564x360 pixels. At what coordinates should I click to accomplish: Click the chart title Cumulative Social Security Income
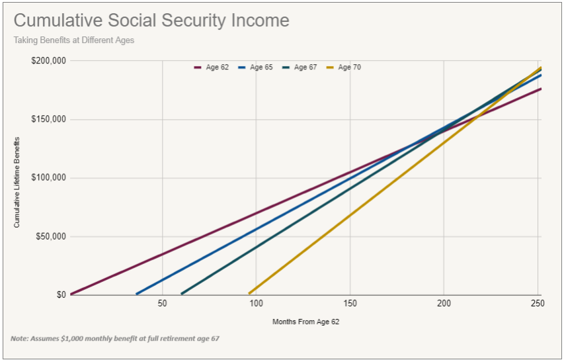click(x=151, y=21)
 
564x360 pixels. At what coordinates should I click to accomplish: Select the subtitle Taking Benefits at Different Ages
click(x=73, y=40)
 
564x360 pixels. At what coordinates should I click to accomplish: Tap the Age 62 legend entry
click(x=211, y=67)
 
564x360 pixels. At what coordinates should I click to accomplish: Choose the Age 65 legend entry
click(x=255, y=67)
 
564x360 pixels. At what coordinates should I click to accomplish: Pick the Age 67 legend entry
click(x=299, y=67)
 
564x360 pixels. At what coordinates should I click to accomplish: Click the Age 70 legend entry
click(x=343, y=67)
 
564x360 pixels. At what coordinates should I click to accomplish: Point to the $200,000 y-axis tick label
click(x=48, y=61)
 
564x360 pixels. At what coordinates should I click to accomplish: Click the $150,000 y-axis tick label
click(x=48, y=120)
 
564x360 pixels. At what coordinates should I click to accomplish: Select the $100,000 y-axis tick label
click(x=48, y=178)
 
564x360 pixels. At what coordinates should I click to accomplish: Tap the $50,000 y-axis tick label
click(x=50, y=236)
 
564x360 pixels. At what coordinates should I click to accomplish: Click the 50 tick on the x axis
click(x=162, y=304)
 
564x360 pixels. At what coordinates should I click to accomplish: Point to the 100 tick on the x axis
click(x=256, y=304)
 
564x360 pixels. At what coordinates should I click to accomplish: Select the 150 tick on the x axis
click(x=350, y=304)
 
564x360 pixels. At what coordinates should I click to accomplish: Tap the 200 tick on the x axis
click(x=444, y=304)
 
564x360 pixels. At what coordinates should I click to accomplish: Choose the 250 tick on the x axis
click(x=538, y=304)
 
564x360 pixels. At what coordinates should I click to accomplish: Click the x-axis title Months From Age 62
click(x=305, y=322)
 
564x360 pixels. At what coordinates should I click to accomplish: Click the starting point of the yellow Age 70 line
click(x=250, y=293)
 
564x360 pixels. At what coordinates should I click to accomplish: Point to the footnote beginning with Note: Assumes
click(x=114, y=339)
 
